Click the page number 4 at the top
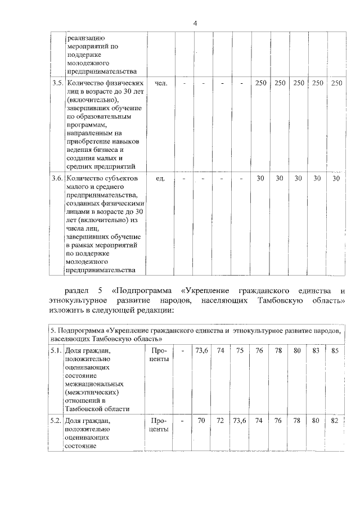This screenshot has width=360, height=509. [x=195, y=23]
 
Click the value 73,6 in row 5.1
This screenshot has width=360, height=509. [x=202, y=350]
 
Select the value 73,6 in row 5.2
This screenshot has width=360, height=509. [x=240, y=420]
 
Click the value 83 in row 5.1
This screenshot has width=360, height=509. [x=316, y=350]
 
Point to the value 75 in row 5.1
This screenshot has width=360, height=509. [x=240, y=350]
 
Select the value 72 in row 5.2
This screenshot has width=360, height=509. [x=221, y=420]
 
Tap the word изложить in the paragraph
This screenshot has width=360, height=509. [x=65, y=310]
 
